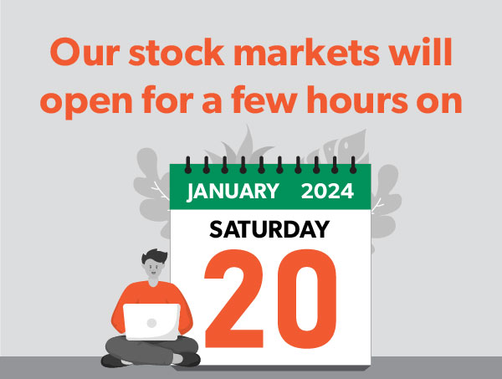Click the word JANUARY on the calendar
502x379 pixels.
click(x=233, y=191)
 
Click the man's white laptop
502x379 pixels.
click(x=151, y=321)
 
